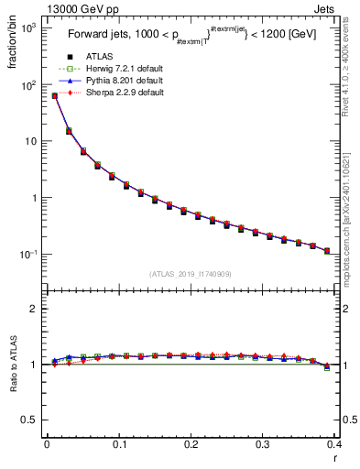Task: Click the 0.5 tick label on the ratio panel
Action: (29, 420)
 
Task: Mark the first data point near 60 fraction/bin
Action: (54, 95)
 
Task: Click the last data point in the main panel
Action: (327, 250)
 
